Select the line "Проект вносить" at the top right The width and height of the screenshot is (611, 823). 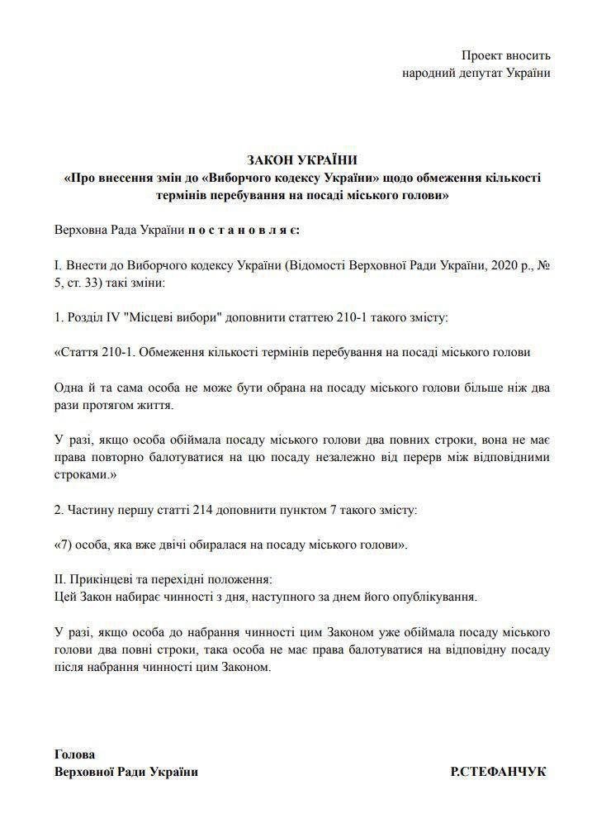505,55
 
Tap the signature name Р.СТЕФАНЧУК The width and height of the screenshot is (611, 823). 498,772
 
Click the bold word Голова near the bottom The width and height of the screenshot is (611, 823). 74,754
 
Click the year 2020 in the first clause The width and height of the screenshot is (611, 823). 488,265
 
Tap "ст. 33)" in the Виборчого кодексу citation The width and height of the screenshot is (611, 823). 83,282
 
